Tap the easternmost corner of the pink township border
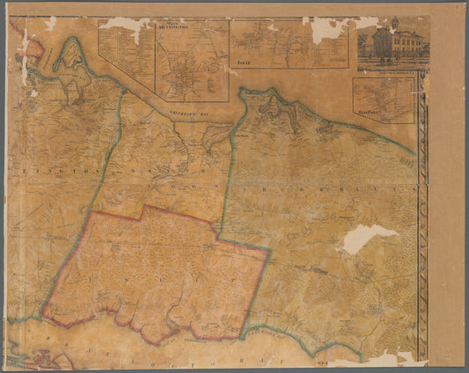(x=269, y=251)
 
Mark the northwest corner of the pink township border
(x=88, y=211)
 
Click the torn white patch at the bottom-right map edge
(x=387, y=358)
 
